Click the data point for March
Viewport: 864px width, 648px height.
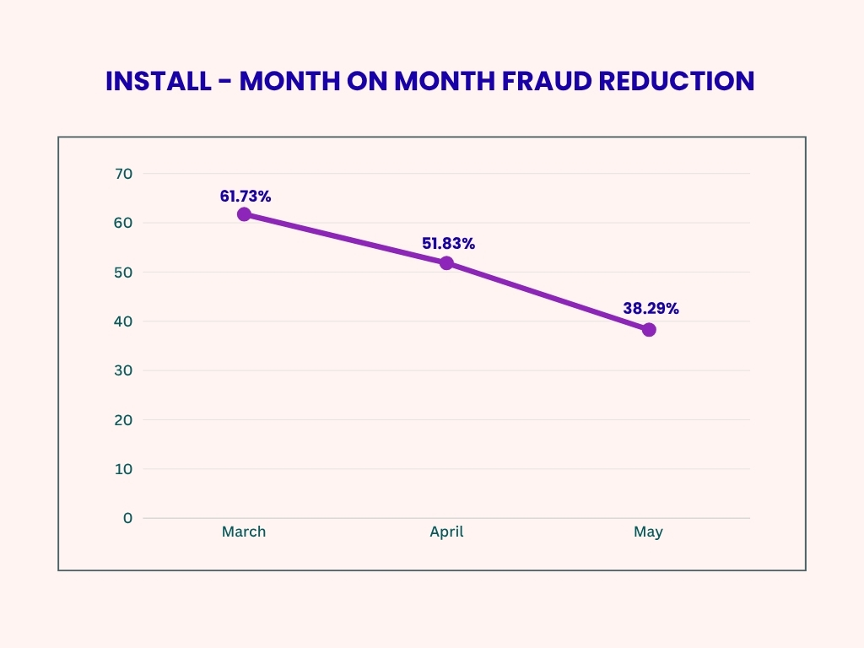[x=244, y=214]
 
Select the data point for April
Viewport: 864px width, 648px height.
[x=446, y=263]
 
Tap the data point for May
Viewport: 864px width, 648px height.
[x=649, y=329]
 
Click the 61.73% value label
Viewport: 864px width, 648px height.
[x=246, y=196]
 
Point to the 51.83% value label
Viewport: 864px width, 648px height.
[x=448, y=244]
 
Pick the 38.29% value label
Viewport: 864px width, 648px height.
[x=651, y=309]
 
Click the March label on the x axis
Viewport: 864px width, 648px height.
[x=244, y=532]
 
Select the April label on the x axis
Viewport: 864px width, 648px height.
[x=446, y=532]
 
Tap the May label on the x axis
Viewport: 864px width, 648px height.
[x=649, y=532]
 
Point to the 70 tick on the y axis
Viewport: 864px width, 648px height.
[x=124, y=174]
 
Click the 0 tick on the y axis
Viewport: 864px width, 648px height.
[x=127, y=518]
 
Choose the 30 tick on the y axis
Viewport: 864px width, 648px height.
[x=124, y=370]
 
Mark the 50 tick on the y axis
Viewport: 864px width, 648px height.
[x=124, y=272]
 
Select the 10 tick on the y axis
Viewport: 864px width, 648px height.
[x=124, y=469]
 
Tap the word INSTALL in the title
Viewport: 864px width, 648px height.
[x=159, y=81]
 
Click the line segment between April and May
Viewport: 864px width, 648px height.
[x=548, y=296]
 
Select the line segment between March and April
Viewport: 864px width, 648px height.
[x=345, y=239]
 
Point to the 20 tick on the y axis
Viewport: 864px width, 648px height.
[x=124, y=419]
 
